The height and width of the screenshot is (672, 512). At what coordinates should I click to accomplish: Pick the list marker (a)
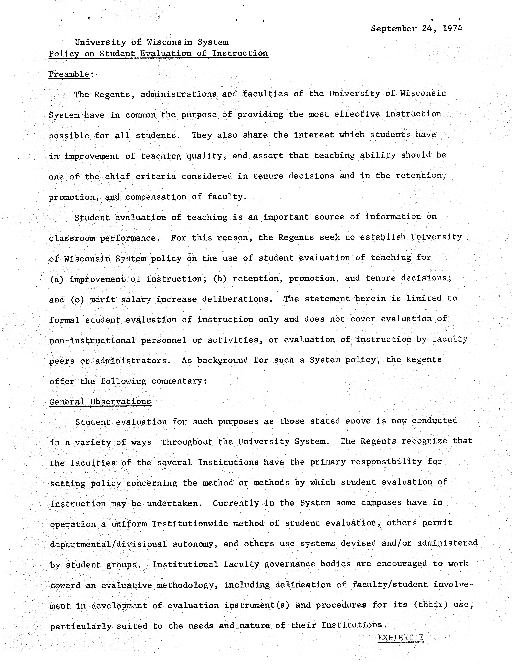pos(56,279)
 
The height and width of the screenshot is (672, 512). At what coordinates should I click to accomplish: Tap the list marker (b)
pos(220,279)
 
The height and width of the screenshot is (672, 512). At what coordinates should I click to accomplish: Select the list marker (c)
pos(77,300)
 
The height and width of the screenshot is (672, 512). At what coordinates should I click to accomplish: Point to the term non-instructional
pos(92,340)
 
